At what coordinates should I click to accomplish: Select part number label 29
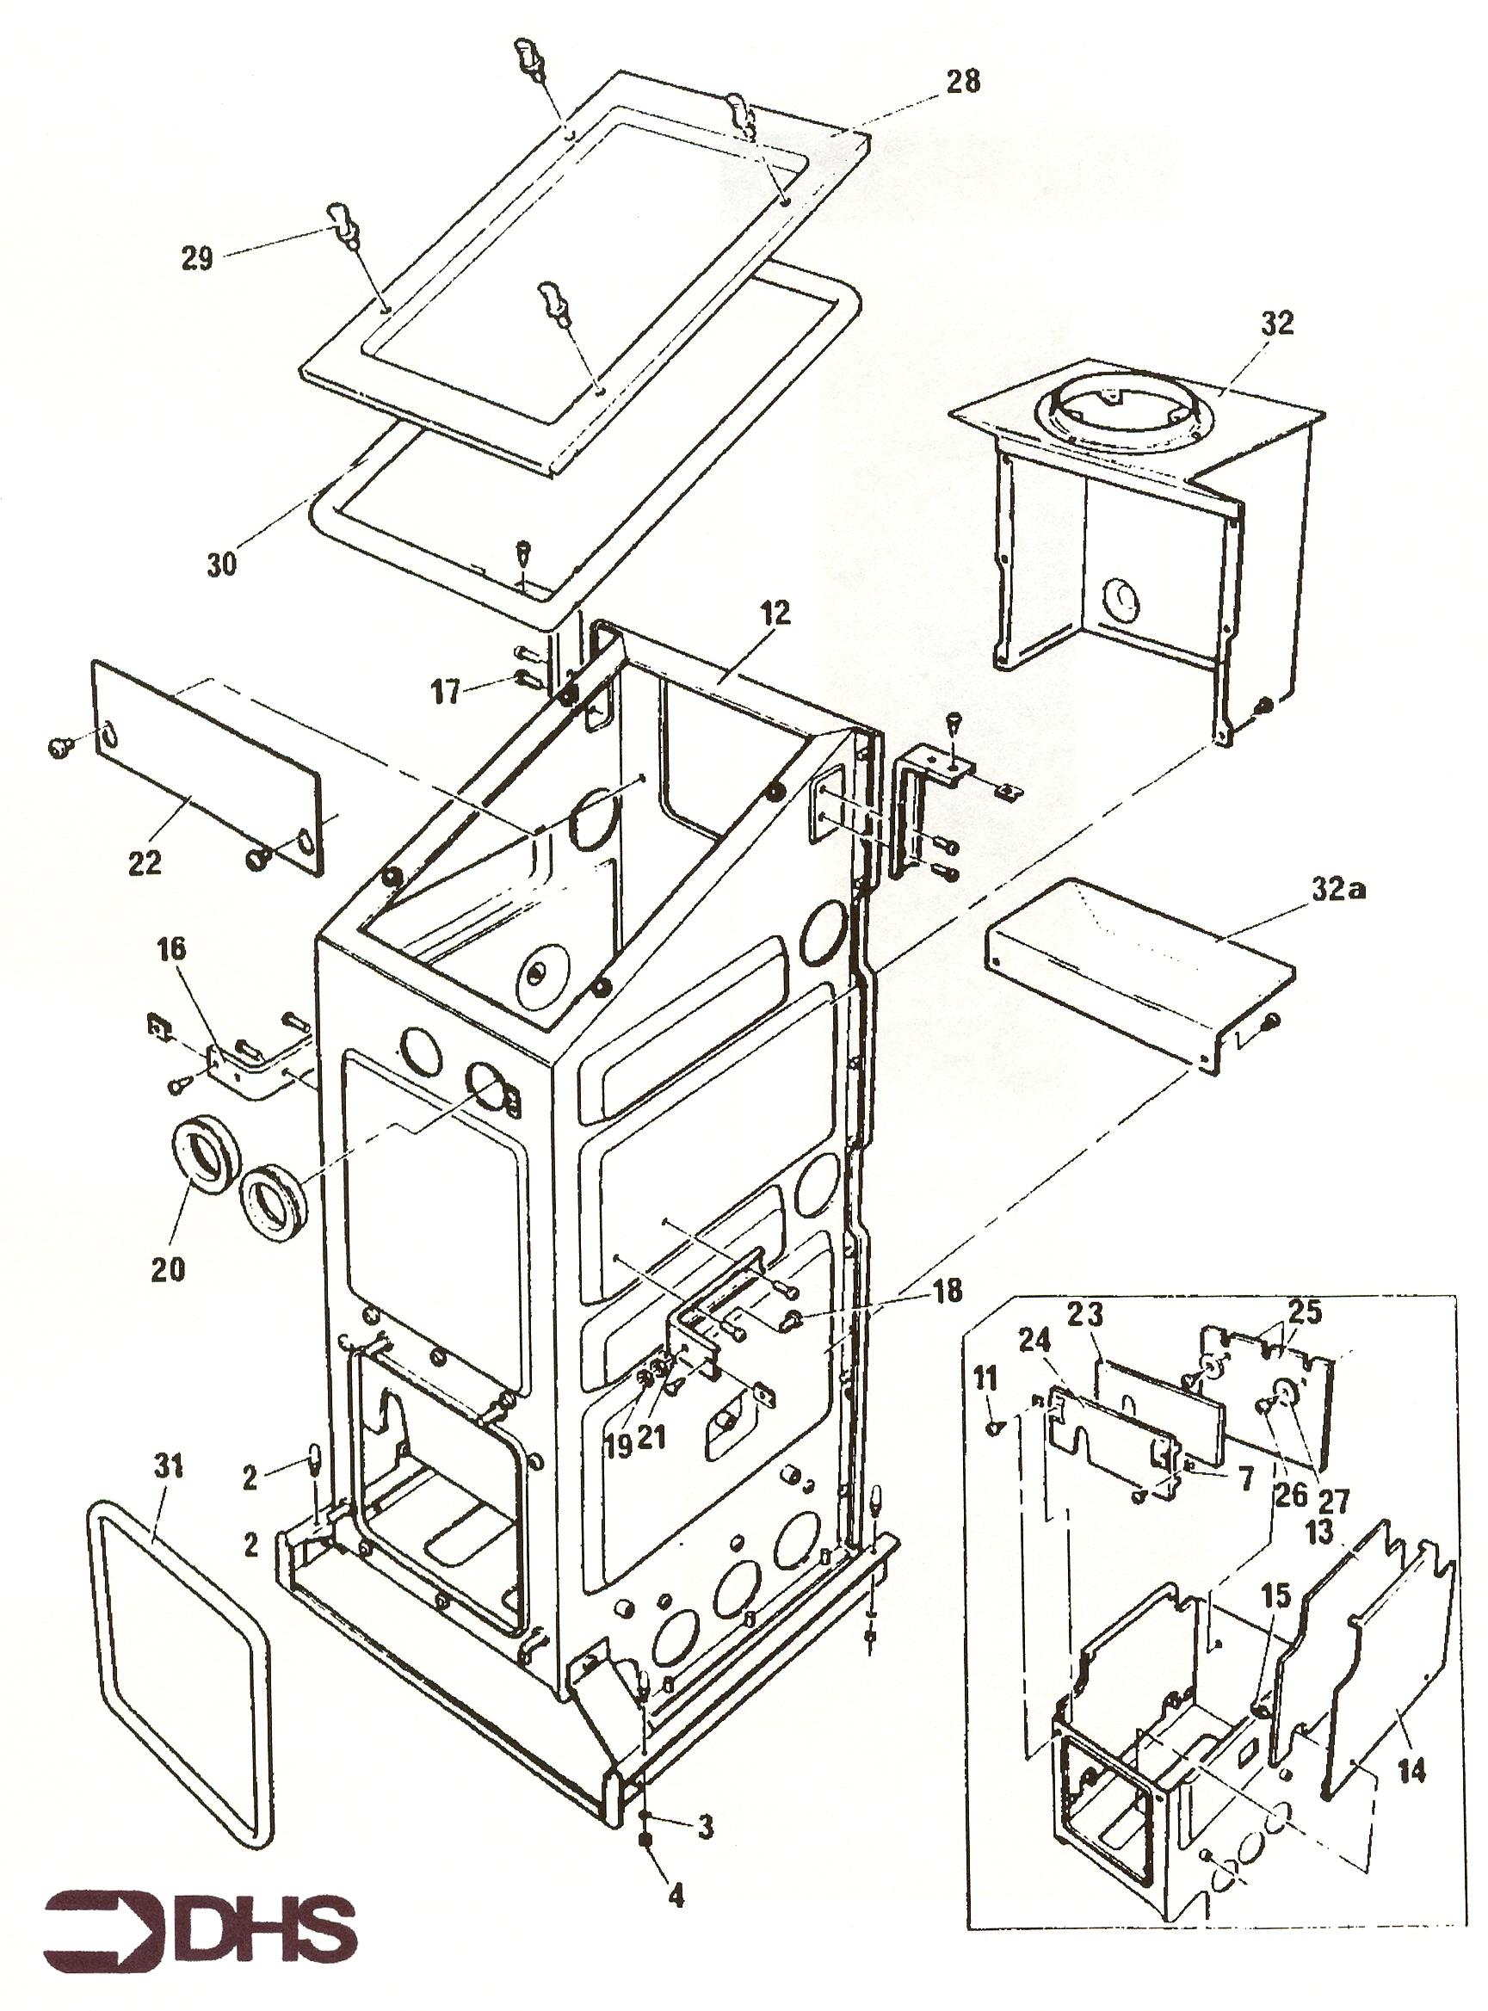197,258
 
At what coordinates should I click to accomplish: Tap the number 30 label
221,564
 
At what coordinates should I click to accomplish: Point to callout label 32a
1337,891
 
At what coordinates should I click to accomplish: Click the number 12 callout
774,614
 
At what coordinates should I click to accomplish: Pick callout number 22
144,862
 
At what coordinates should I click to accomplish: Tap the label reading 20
169,1270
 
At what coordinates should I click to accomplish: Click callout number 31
169,1467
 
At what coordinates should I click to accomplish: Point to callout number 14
1411,1772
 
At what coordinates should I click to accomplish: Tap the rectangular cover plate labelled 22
207,766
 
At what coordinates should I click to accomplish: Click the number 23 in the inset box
1084,1316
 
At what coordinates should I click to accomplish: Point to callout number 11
987,1378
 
